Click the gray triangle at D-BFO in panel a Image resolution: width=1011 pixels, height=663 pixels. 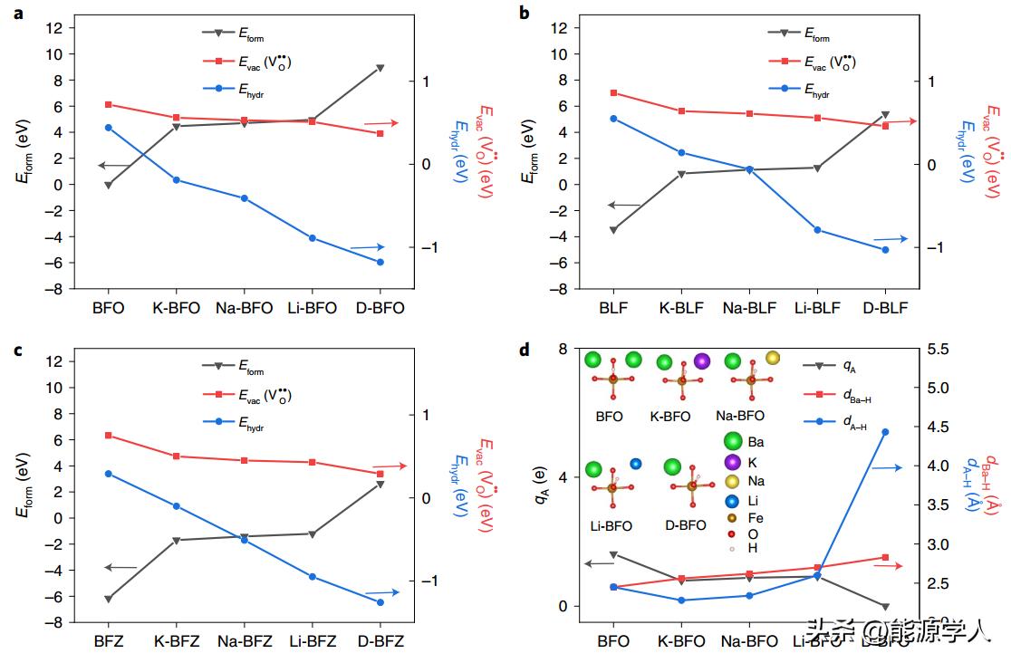pos(380,68)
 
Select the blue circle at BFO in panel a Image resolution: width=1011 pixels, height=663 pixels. pos(109,128)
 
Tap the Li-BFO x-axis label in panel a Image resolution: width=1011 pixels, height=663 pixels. pos(313,308)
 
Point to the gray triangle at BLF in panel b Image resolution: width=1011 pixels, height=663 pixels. pos(613,230)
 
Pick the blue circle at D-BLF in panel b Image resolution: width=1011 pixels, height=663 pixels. pos(885,250)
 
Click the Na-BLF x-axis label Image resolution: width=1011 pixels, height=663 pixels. pos(749,308)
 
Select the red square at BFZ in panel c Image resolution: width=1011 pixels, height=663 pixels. pos(109,436)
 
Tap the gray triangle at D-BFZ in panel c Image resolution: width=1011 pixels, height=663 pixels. pos(380,485)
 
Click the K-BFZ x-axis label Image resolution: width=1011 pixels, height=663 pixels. pos(177,641)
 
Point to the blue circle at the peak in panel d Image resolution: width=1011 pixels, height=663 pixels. pos(885,432)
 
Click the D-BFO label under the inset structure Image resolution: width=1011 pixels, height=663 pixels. pos(686,525)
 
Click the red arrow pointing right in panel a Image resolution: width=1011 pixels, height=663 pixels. pos(380,123)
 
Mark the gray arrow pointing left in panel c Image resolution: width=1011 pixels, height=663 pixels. pos(120,568)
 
